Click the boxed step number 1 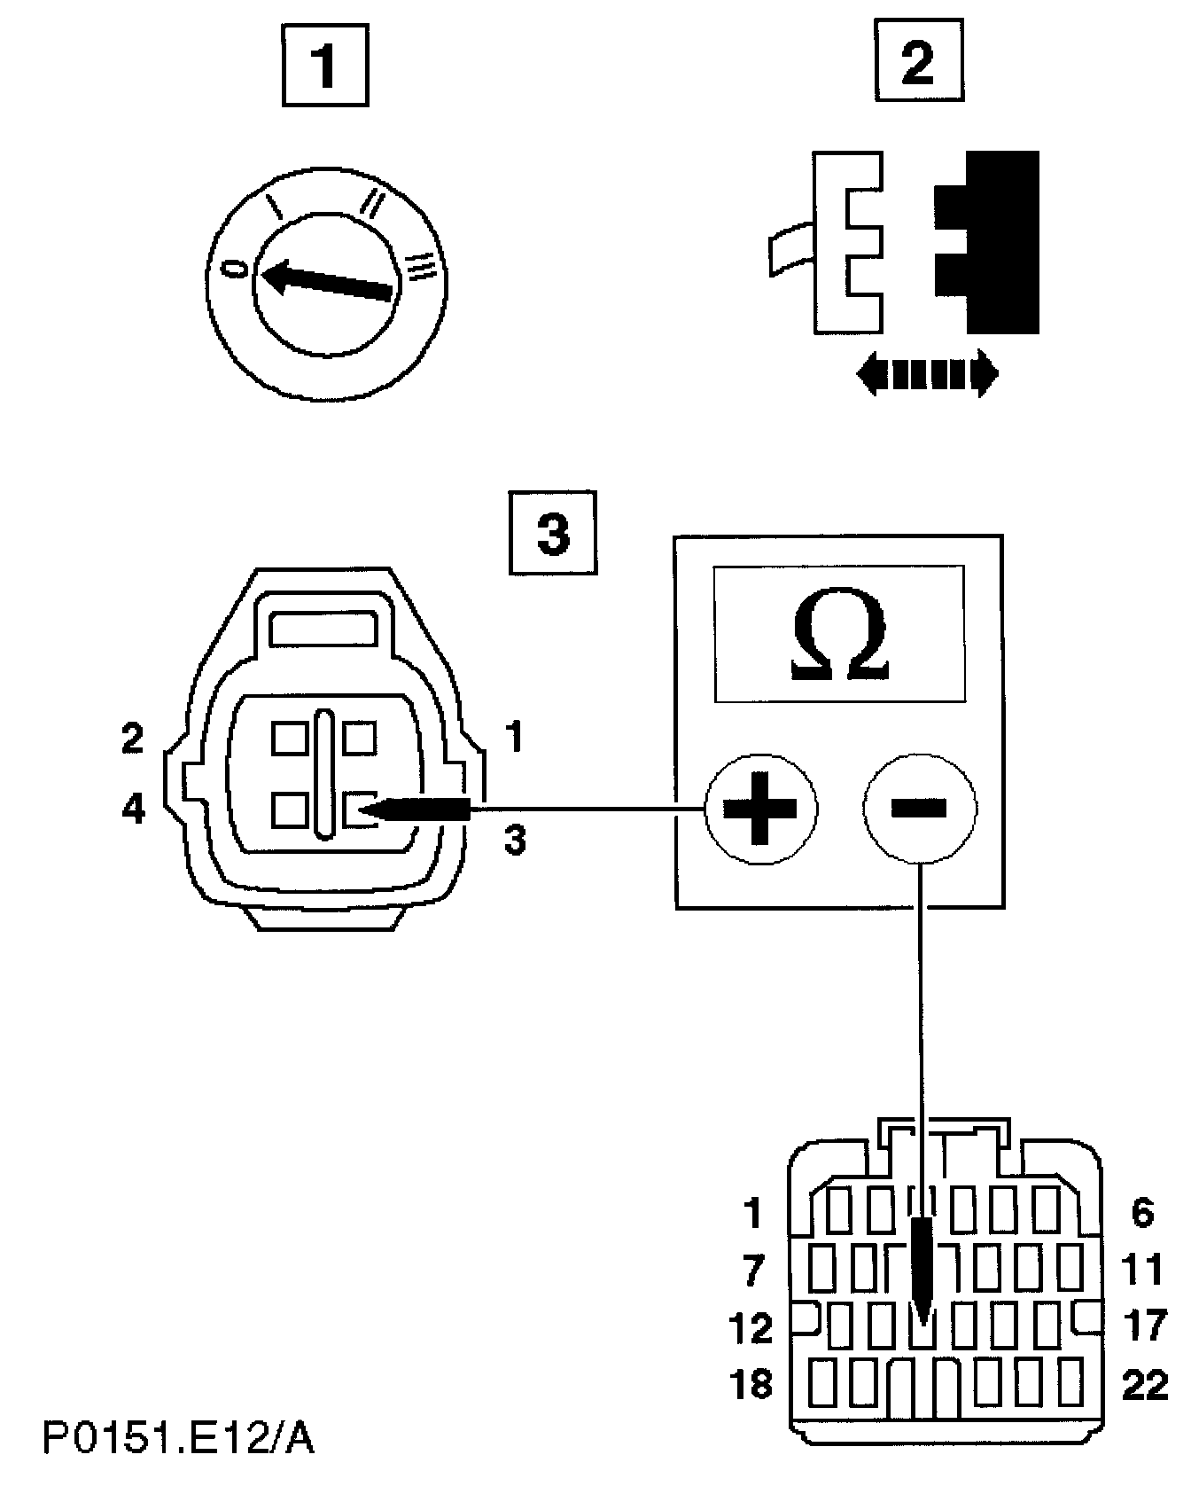[324, 64]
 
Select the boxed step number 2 [918, 60]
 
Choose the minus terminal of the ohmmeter [920, 808]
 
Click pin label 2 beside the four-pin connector [133, 739]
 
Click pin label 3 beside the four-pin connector [515, 838]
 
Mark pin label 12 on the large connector [752, 1327]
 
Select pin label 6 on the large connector [1142, 1213]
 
